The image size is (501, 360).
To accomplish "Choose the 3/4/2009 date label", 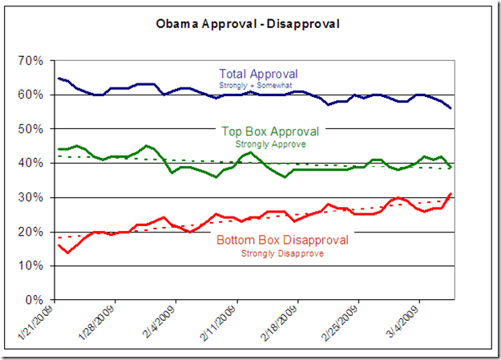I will pyautogui.click(x=406, y=325).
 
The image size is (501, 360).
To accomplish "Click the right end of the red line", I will pyautogui.click(x=452, y=193).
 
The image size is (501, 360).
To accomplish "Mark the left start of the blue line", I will pyautogui.click(x=59, y=78).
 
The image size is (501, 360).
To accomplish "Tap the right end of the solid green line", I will pyautogui.click(x=452, y=167).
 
